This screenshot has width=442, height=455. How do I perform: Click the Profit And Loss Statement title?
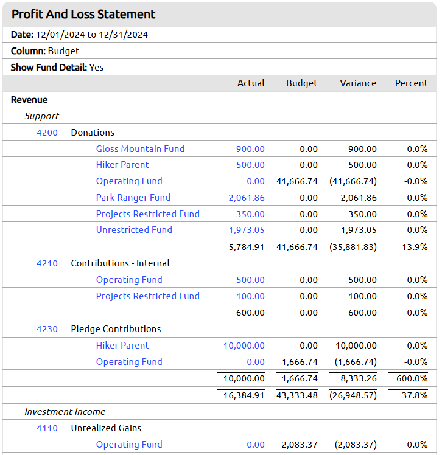(x=83, y=14)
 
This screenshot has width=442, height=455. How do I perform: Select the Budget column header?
(x=302, y=83)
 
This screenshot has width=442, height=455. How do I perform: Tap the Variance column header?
(x=358, y=83)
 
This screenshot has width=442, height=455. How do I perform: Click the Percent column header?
(x=411, y=83)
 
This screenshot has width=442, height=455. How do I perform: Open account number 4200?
(x=47, y=133)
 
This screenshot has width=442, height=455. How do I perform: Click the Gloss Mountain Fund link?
(x=140, y=149)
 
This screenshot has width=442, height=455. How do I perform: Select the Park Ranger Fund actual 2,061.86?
(x=247, y=198)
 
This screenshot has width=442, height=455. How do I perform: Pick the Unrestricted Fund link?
(x=134, y=230)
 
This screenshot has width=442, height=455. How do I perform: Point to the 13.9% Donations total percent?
(x=415, y=247)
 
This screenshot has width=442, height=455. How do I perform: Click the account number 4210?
(x=47, y=263)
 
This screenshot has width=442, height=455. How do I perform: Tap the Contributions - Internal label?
(x=120, y=263)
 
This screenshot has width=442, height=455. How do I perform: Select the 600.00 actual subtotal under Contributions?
(x=250, y=313)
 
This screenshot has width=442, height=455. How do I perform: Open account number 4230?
(x=47, y=329)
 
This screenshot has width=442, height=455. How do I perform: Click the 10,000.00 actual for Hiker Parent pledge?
(x=244, y=346)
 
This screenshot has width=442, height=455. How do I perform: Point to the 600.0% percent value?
(x=412, y=378)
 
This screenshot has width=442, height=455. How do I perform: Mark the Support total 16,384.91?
(x=244, y=395)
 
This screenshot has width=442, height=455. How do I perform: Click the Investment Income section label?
(x=65, y=412)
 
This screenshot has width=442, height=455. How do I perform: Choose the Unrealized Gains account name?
(x=106, y=428)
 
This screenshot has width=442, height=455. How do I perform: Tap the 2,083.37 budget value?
(x=300, y=445)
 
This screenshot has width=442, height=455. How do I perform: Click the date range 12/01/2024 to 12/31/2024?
(x=92, y=35)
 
